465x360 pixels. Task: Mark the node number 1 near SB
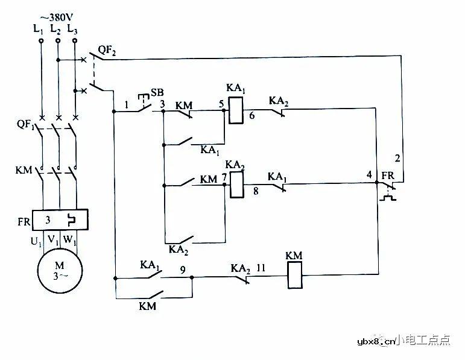[x=127, y=104]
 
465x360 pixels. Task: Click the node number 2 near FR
[x=397, y=159]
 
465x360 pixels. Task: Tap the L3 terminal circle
[x=75, y=40]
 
